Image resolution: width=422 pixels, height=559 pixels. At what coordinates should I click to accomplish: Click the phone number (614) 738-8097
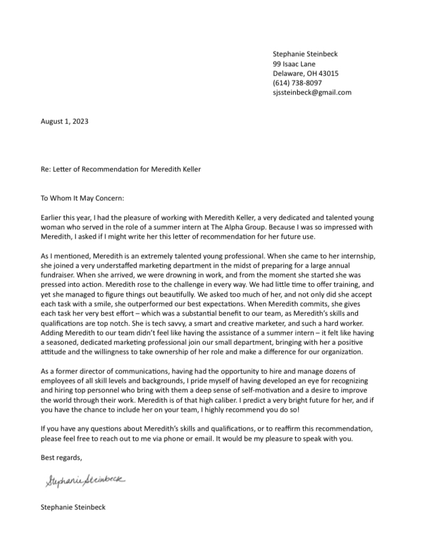click(298, 83)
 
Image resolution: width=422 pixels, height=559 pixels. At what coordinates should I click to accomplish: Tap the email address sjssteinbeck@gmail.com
click(312, 92)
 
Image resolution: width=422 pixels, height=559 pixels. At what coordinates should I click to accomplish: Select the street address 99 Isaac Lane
click(294, 64)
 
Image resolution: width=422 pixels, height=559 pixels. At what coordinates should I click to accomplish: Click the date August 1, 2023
click(65, 122)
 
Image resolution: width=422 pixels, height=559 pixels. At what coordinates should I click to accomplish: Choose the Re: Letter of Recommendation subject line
click(121, 170)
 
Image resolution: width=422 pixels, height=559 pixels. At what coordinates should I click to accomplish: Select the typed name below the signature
click(73, 506)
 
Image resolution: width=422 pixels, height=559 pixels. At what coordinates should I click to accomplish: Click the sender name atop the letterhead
click(305, 54)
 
